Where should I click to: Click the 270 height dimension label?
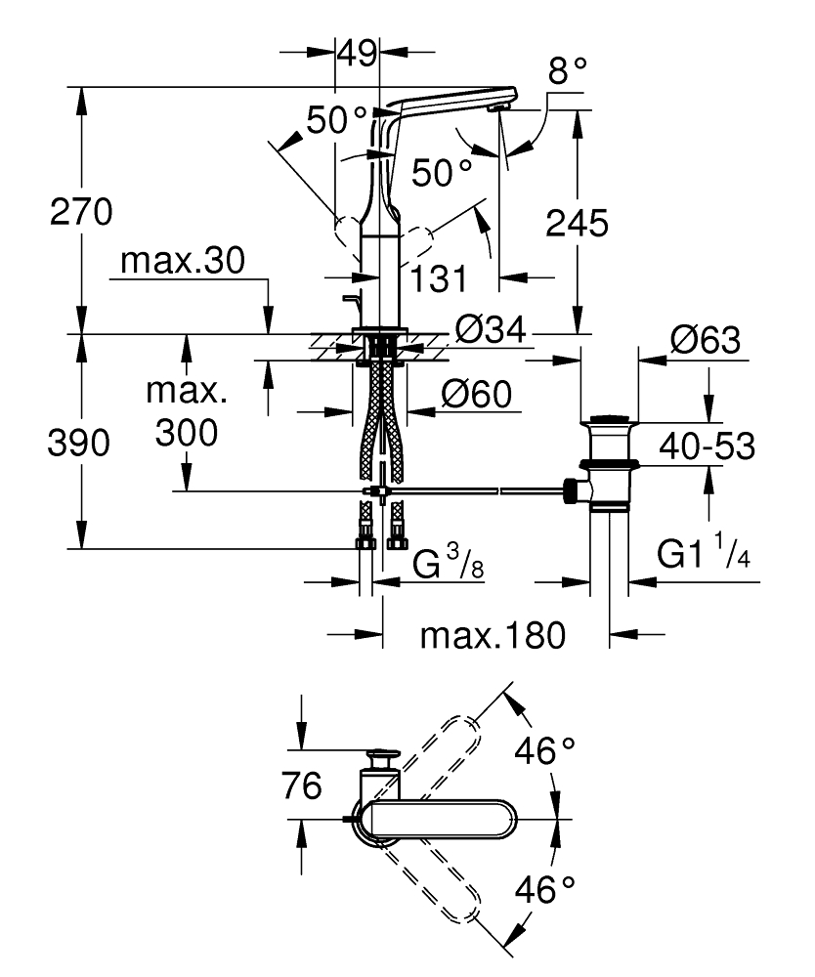click(81, 211)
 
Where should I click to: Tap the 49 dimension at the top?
click(357, 53)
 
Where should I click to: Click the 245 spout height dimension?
click(577, 223)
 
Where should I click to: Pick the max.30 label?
click(183, 261)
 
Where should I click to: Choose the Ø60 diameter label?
click(477, 394)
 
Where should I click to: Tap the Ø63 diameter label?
click(706, 340)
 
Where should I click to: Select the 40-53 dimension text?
click(708, 446)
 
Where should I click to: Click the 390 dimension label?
click(78, 443)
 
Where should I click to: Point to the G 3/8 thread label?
click(448, 562)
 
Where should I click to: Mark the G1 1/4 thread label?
click(704, 551)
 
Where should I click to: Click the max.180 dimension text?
click(493, 636)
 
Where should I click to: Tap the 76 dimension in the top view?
click(302, 786)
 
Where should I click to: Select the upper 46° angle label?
click(544, 750)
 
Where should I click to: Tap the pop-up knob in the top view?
click(381, 758)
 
